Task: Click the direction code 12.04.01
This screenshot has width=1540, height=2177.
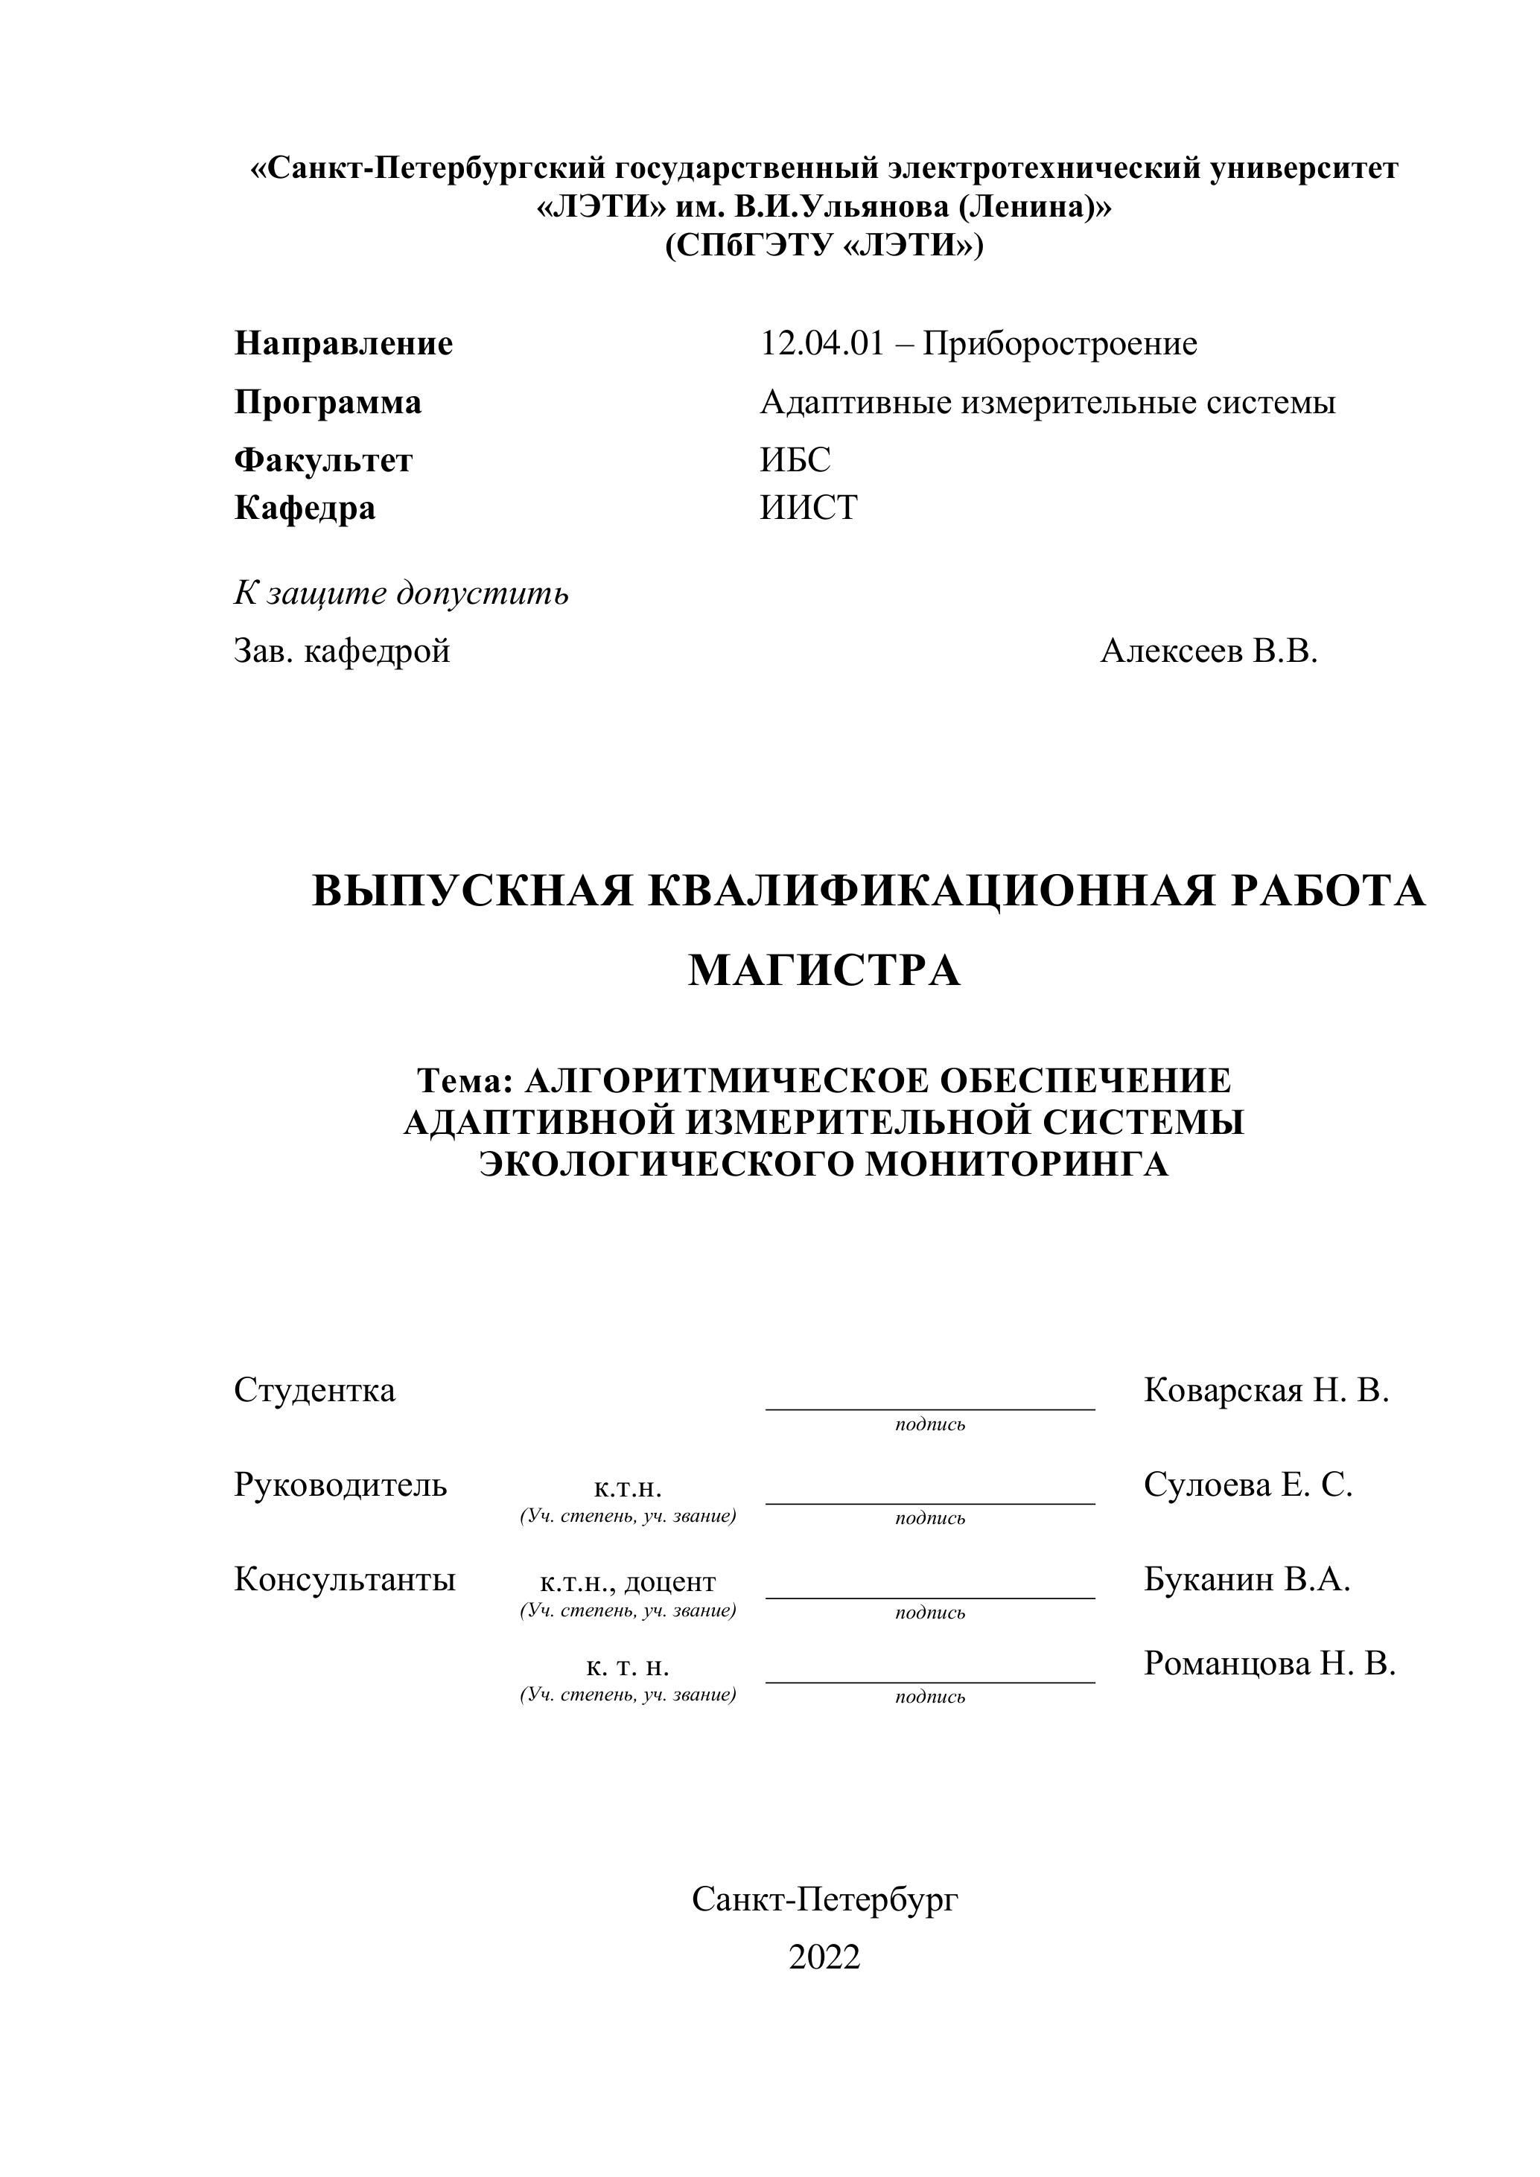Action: point(821,343)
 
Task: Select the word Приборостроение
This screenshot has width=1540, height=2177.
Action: point(1060,343)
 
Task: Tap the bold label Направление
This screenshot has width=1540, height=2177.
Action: point(343,343)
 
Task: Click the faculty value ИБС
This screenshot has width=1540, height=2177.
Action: point(795,460)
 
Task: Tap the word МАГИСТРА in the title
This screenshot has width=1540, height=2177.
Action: point(824,970)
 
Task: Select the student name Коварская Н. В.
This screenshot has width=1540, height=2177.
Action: point(1266,1390)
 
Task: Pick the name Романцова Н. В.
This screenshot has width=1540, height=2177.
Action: point(1269,1663)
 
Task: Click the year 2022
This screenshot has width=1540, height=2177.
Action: point(824,1957)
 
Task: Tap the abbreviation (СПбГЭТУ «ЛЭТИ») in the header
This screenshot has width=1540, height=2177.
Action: point(824,246)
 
